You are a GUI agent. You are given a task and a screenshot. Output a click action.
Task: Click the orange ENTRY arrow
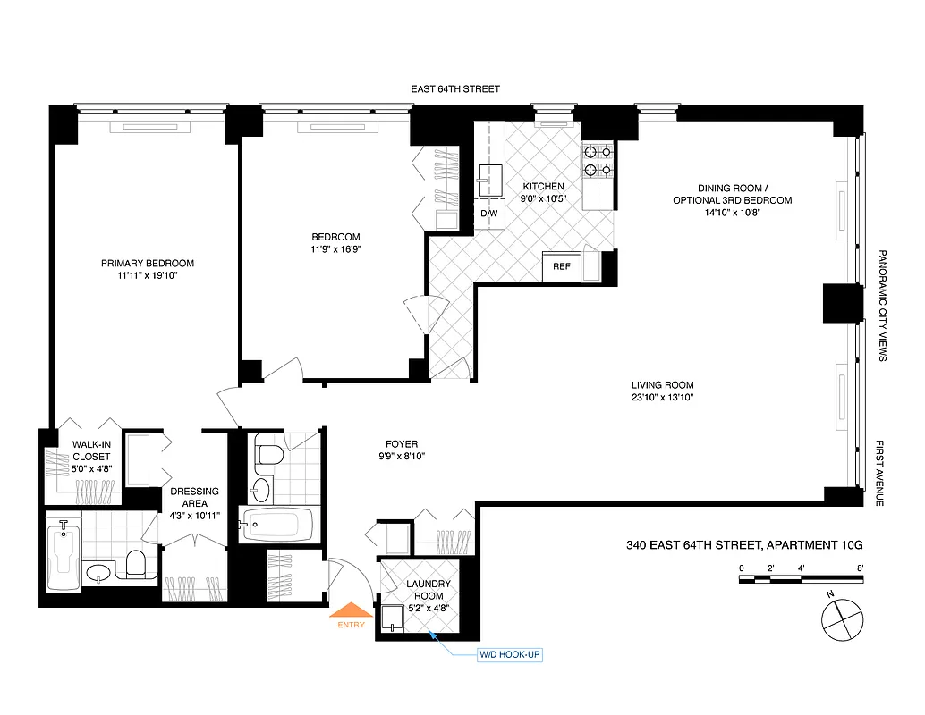(351, 613)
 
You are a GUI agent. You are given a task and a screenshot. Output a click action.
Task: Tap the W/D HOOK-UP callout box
(510, 655)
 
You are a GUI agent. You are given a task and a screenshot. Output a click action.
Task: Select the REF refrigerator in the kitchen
(562, 266)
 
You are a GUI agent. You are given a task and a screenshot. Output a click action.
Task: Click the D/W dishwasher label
(489, 214)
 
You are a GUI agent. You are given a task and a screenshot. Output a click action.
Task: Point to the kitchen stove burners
(598, 161)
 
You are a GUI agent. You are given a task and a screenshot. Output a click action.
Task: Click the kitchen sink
(489, 179)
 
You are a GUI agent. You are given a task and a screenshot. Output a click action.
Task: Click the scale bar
(801, 579)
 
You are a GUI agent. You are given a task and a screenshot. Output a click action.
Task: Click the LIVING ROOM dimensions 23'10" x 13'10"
(661, 397)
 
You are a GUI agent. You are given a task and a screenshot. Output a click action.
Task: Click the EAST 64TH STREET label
(455, 89)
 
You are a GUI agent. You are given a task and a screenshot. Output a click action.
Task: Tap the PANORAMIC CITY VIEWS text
(881, 306)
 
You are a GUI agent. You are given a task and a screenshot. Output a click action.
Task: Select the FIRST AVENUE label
(881, 474)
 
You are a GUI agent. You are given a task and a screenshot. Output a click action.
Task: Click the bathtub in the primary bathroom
(63, 557)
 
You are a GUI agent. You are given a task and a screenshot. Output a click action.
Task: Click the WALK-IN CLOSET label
(91, 450)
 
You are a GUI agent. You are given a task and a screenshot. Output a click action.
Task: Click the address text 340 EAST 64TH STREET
(693, 544)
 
